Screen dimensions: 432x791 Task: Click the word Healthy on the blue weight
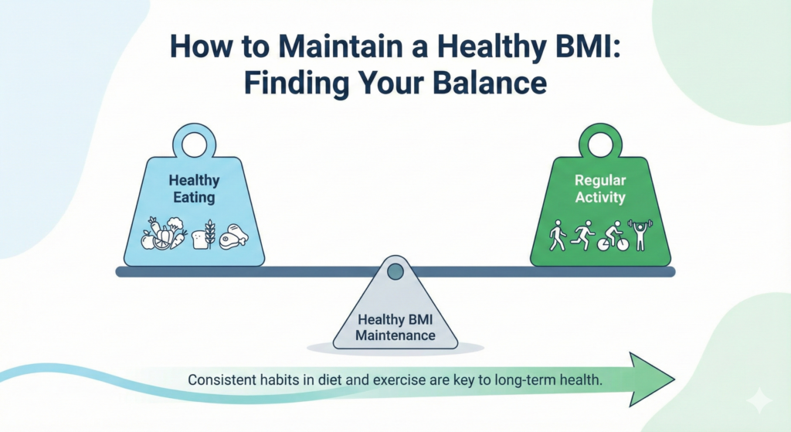pos(195,180)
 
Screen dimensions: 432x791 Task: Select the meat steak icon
pos(234,236)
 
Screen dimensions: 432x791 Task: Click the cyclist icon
pos(610,236)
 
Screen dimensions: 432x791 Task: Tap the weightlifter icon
pos(639,234)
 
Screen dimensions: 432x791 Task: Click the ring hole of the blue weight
pos(194,145)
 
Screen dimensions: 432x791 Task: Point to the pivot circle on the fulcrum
pos(395,271)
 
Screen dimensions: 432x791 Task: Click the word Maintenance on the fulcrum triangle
pos(395,335)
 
